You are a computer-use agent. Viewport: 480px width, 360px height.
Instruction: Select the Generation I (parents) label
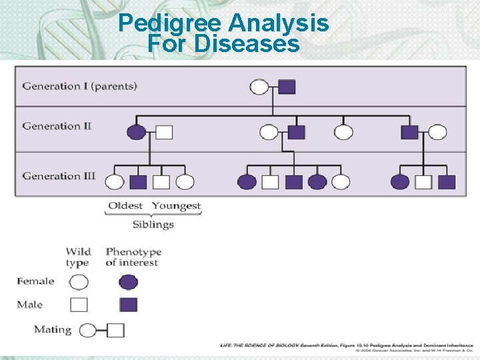80,86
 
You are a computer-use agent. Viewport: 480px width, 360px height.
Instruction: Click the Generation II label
57,126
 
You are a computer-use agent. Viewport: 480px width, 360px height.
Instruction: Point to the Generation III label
59,176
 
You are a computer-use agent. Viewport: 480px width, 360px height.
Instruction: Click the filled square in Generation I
287,87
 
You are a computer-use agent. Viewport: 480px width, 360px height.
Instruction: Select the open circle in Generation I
259,87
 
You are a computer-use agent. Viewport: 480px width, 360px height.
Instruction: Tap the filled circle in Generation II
136,132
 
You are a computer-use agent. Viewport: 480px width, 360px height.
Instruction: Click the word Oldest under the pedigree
125,205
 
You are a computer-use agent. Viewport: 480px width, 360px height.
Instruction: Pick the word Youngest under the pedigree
176,205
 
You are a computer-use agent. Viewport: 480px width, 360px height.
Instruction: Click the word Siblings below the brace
153,224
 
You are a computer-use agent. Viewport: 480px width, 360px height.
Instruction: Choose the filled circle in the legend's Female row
128,282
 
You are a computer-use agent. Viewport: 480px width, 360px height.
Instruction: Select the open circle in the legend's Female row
79,282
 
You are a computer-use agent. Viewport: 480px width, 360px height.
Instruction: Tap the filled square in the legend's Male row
128,305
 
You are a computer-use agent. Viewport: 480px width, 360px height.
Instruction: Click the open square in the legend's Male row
79,305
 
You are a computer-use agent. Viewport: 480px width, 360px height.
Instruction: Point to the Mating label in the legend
53,329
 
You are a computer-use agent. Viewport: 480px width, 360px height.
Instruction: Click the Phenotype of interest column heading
133,257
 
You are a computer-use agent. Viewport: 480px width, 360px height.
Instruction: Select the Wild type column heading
78,257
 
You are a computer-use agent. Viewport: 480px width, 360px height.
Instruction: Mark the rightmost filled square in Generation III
447,181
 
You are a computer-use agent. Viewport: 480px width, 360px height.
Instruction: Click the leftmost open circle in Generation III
115,181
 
